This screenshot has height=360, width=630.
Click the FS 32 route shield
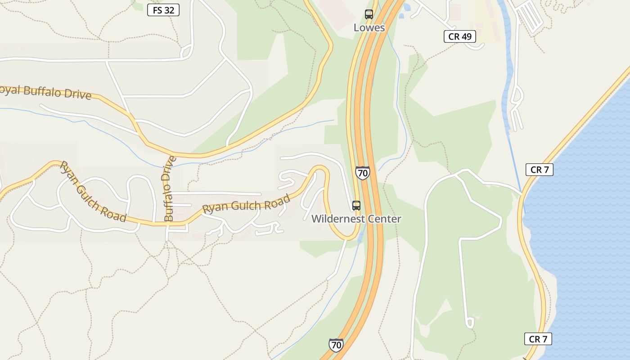pos(163,10)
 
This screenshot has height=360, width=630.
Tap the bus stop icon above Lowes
pos(369,14)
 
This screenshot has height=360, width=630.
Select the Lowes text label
pos(369,27)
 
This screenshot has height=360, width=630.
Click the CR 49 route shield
pos(460,36)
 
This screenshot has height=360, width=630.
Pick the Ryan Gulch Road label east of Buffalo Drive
pos(246,205)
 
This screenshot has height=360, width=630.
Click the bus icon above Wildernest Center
pos(356,206)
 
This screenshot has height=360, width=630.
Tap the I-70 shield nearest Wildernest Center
pos(362,173)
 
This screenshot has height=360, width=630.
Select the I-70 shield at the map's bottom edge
pos(336,345)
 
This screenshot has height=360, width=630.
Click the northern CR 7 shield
pos(539,170)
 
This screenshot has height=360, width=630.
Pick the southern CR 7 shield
pos(538,339)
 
